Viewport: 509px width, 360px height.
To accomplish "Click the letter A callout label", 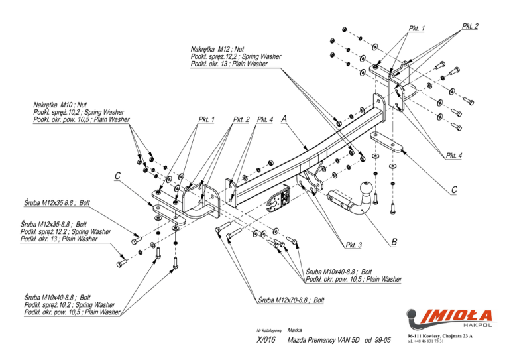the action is point(284,119).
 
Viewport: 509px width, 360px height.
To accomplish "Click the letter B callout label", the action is point(394,241).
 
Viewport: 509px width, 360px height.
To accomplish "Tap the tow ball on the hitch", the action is point(366,188).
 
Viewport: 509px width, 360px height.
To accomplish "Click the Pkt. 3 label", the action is point(353,245).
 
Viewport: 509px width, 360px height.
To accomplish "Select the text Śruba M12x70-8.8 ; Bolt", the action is point(291,300).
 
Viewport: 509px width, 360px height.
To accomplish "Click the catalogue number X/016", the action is point(266,340).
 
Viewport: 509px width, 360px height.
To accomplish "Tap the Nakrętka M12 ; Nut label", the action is point(217,49).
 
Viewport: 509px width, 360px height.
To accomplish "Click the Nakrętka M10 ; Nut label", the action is point(60,105).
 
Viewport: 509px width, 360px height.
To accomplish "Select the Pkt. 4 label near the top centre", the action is point(265,119).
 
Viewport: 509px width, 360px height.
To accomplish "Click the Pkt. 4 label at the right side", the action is point(453,156).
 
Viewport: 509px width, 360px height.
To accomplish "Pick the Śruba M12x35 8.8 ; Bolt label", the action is point(57,203).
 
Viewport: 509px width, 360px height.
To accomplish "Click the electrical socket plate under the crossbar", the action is point(278,200).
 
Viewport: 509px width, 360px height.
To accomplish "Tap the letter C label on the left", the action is point(117,176).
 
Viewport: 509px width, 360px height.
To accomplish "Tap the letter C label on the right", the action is point(454,190).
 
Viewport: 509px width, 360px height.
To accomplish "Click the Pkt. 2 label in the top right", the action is point(470,26).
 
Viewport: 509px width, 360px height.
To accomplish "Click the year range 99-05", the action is point(382,340).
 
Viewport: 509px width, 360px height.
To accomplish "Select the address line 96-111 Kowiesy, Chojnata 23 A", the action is point(440,336).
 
